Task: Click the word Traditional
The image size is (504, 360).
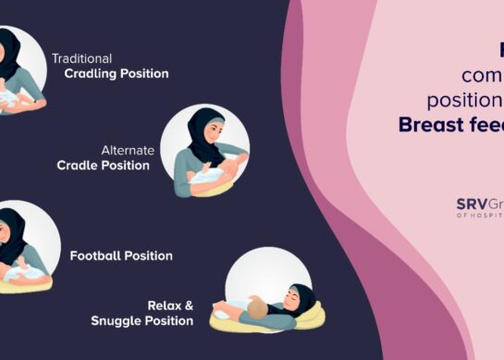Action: click(x=81, y=57)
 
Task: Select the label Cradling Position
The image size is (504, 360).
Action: click(x=117, y=73)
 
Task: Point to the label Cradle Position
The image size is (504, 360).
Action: click(x=103, y=166)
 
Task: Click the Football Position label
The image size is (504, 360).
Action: click(x=121, y=255)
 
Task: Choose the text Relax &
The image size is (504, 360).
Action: click(x=170, y=304)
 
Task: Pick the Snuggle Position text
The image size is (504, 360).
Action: click(x=141, y=320)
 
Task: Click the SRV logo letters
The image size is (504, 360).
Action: click(x=469, y=205)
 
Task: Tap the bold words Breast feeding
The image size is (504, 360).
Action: click(x=451, y=124)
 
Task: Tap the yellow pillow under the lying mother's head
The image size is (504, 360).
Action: click(x=312, y=317)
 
